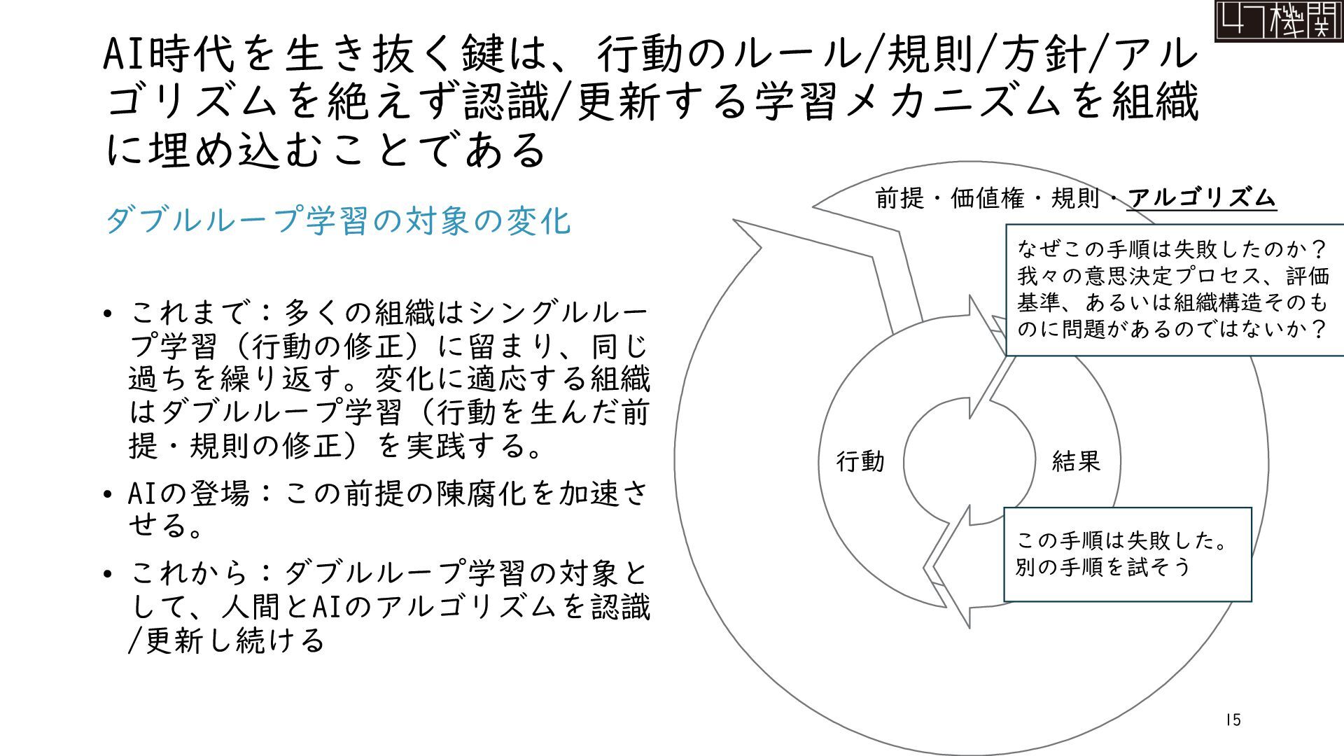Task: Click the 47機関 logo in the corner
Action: tap(1278, 21)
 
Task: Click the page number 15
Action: tap(1233, 720)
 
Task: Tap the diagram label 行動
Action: tap(860, 462)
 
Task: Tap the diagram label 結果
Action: tap(1076, 461)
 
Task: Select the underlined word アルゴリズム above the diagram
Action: tap(1202, 199)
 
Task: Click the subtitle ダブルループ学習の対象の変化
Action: tap(338, 220)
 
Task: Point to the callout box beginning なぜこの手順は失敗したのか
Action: tap(1174, 289)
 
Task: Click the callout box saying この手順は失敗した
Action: tap(1127, 554)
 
